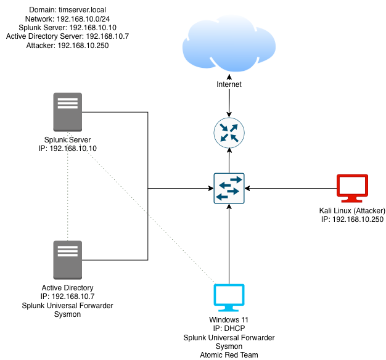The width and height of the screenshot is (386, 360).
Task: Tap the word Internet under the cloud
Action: (229, 84)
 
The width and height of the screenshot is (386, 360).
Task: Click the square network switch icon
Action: (229, 188)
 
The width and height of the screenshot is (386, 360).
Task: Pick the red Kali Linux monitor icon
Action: (352, 189)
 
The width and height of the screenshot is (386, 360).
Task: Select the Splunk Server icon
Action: (68, 112)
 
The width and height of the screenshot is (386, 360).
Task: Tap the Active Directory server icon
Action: (68, 260)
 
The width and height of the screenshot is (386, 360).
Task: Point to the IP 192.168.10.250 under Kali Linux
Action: (352, 220)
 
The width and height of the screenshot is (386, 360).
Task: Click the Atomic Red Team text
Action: (229, 354)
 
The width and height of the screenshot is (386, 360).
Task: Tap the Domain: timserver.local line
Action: (68, 10)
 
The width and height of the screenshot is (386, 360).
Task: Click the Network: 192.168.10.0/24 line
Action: (68, 19)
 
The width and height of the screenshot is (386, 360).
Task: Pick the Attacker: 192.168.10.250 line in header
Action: (68, 45)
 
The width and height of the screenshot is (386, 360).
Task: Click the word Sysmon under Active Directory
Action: (68, 314)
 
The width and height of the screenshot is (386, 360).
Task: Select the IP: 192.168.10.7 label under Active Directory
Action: (68, 297)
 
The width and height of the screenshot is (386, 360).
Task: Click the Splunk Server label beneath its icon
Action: (68, 140)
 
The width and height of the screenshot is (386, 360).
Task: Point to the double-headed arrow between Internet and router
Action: (229, 102)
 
